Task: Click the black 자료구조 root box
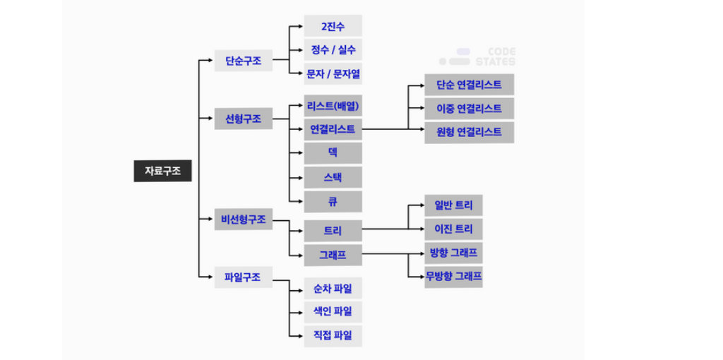162,171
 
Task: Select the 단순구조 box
244,61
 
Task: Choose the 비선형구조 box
244,220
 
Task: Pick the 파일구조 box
244,277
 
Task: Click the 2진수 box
333,26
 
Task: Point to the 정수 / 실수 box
333,49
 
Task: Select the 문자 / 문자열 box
333,73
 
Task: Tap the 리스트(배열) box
333,106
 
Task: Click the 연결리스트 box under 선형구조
333,130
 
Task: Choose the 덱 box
333,153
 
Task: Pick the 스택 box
333,177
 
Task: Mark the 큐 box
333,201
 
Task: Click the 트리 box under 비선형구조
333,230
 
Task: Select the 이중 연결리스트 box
469,108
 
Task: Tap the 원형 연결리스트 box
469,132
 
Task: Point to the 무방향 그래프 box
453,276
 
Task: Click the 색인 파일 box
333,311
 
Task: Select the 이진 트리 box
453,229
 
